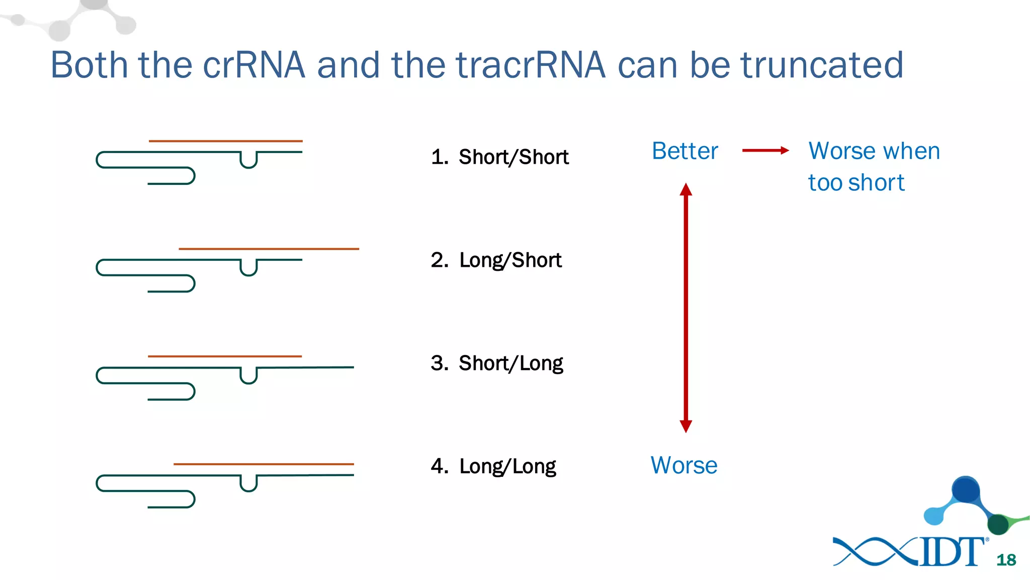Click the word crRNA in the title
coord(254,65)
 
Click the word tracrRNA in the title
coord(530,65)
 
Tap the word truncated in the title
coord(822,65)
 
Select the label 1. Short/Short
coord(500,157)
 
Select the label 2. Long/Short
coord(496,260)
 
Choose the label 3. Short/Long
coord(497,364)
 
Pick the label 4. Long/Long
coord(493,466)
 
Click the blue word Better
coord(684,151)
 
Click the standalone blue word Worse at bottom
coord(683,465)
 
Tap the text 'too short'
coord(856,182)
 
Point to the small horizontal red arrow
coord(765,150)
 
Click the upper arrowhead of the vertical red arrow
coord(686,190)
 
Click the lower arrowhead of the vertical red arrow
coord(686,426)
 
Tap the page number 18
coord(1006,560)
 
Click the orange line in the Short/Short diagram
coord(225,141)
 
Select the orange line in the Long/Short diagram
coord(269,249)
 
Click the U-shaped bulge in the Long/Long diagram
coord(248,484)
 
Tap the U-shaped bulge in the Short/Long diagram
coord(248,377)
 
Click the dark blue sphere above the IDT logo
coord(966,489)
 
